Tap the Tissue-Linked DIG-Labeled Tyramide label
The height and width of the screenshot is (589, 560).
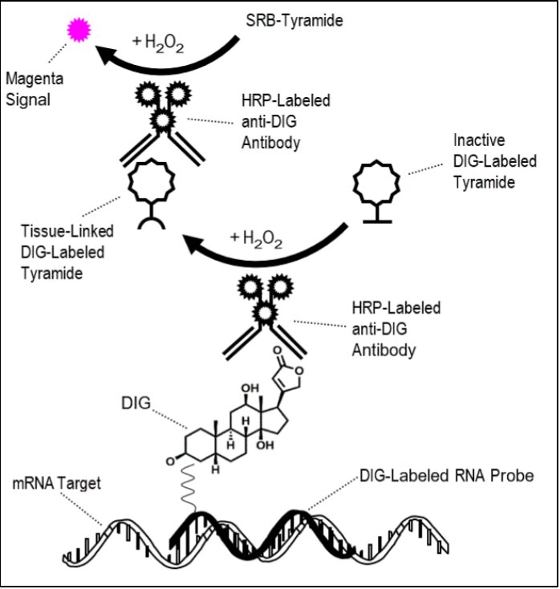click(x=67, y=254)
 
